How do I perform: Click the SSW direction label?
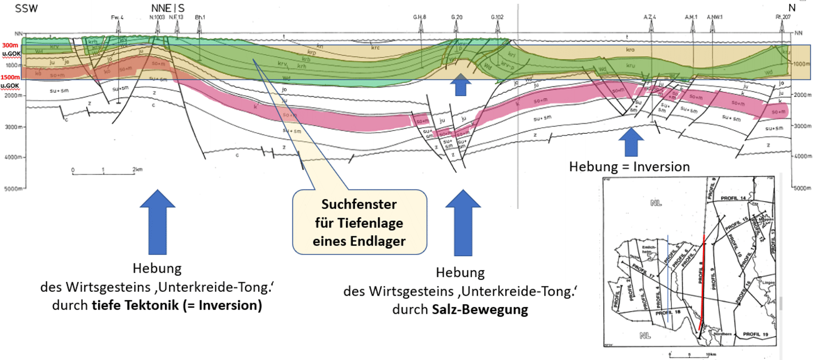click(26, 9)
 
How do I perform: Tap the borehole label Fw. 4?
click(117, 18)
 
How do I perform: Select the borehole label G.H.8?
click(419, 17)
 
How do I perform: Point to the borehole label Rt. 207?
click(783, 17)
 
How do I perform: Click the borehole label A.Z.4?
click(650, 17)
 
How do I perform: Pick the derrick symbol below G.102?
click(498, 28)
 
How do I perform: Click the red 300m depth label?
click(10, 45)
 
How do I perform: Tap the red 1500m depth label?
click(10, 77)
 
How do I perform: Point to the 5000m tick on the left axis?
click(13, 189)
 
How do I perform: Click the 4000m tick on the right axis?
click(802, 156)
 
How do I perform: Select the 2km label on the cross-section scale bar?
click(137, 169)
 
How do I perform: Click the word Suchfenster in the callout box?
click(359, 204)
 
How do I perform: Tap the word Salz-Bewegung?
click(480, 310)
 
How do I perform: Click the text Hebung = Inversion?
click(629, 167)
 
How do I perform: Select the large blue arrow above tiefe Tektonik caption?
click(158, 221)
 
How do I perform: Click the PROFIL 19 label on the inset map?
click(755, 334)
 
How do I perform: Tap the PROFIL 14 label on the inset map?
click(733, 198)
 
